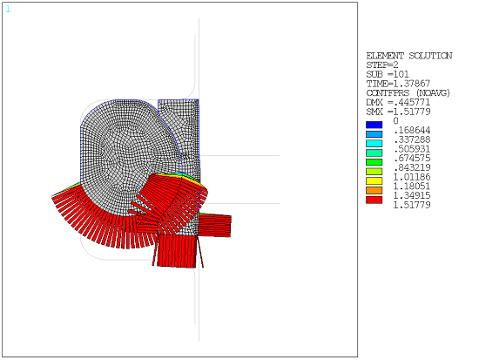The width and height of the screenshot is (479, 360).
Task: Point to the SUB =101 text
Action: point(386,75)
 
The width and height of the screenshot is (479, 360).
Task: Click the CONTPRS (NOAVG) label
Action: point(408,93)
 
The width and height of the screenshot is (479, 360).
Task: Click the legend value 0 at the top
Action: point(396,121)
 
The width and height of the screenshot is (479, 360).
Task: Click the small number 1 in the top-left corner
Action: point(8,10)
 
